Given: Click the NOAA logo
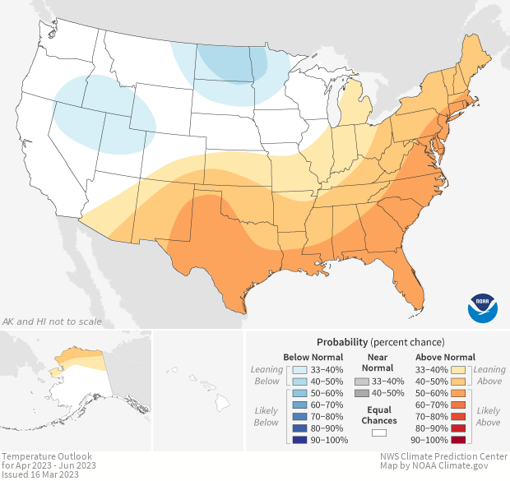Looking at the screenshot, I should point(483,307).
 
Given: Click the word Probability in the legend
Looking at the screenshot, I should point(341,341).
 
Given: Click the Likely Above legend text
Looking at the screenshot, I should point(489,417).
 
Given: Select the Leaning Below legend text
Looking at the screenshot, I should point(267,375).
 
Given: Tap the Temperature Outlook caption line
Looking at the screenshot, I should point(46,456).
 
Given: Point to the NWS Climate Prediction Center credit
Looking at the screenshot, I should point(443,456).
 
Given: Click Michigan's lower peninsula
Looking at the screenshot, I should point(351,108).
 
